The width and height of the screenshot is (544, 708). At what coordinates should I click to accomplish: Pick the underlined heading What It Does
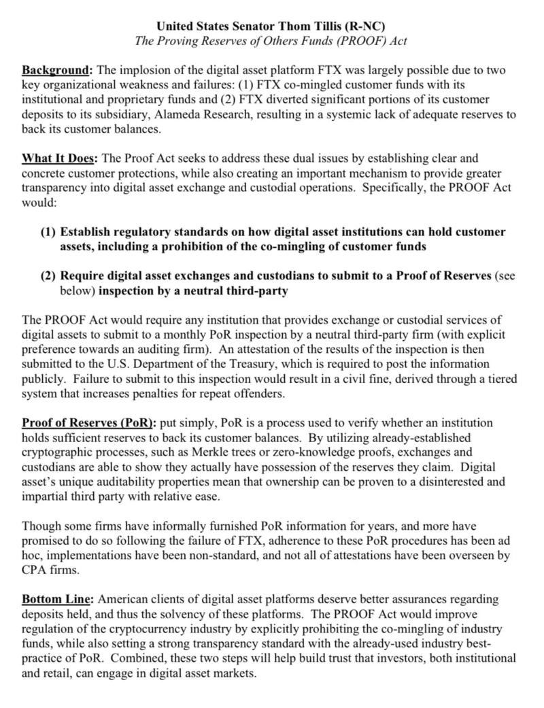click(60, 158)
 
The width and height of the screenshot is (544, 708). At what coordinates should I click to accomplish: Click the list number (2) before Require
click(48, 275)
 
